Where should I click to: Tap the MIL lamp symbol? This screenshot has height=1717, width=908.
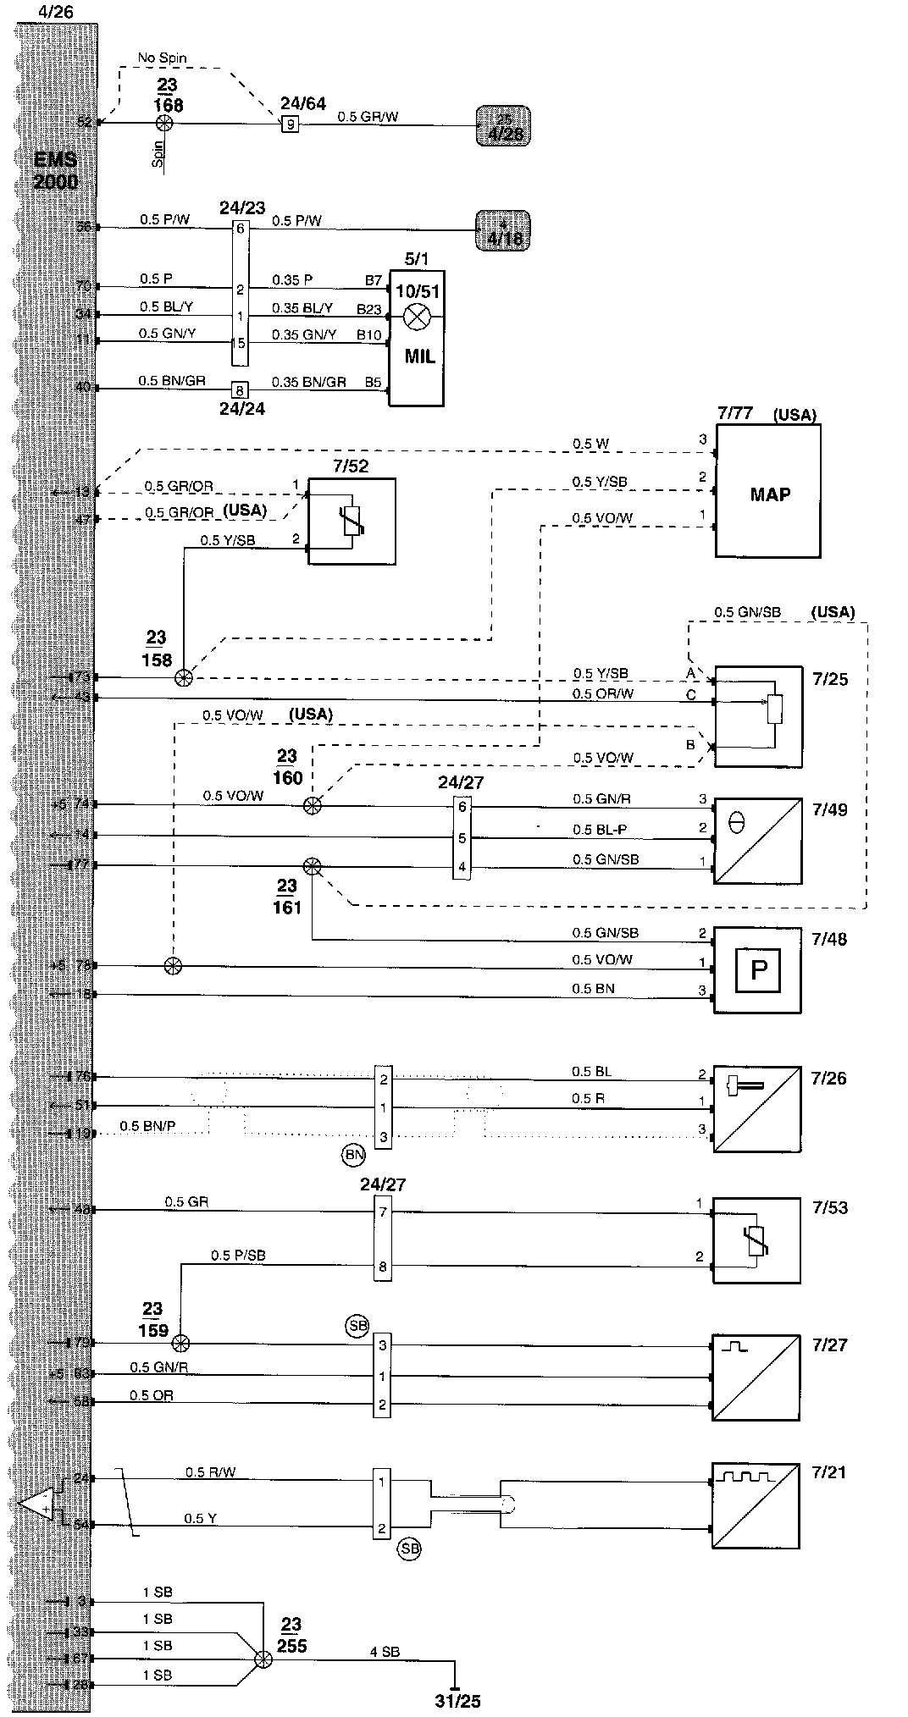[x=416, y=318]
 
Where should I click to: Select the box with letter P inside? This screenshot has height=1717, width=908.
[x=758, y=969]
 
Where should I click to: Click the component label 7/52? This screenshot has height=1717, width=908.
[x=352, y=466]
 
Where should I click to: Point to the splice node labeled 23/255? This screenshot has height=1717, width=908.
[x=263, y=1660]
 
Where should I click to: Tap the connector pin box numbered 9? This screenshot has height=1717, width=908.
[x=290, y=124]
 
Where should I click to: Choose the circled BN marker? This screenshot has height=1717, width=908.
[x=353, y=1154]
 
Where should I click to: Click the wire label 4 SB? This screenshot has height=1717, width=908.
[x=384, y=1651]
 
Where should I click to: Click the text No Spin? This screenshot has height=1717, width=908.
[x=162, y=58]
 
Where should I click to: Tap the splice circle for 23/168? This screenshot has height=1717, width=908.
[x=165, y=124]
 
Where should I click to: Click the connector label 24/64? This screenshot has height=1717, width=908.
[x=302, y=104]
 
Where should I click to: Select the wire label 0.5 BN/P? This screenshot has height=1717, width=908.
[x=152, y=1126]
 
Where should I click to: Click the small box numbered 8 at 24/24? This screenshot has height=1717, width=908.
[x=240, y=389]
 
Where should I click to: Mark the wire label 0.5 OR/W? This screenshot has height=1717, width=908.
[x=602, y=694]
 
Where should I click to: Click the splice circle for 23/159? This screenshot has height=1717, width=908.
[x=180, y=1343]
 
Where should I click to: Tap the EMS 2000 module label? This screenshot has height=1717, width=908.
[x=55, y=170]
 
